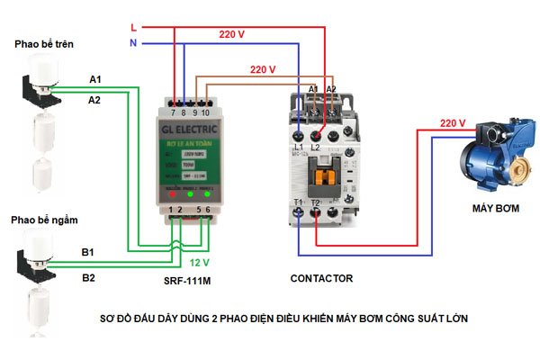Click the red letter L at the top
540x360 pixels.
133,28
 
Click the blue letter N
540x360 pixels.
133,43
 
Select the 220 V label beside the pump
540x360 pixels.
453,123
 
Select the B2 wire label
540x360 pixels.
89,278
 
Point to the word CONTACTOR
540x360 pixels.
321,279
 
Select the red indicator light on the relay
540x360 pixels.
169,193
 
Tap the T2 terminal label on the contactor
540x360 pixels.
315,203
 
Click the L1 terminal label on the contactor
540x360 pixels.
299,145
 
